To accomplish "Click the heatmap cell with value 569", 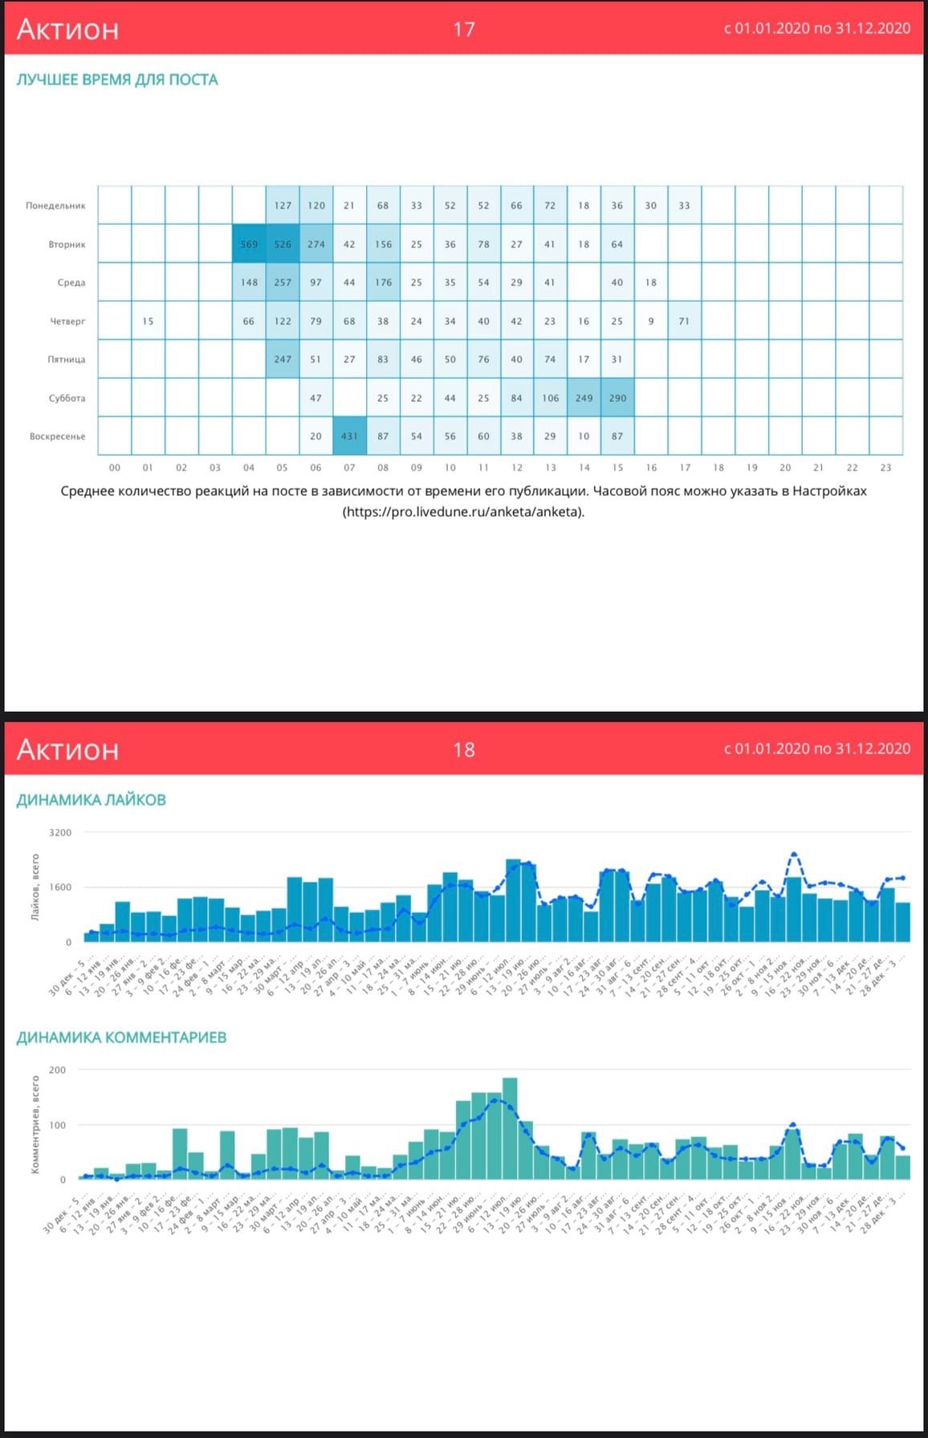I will (249, 244).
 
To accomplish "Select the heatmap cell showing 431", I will (349, 437).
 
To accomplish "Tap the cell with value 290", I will (617, 398).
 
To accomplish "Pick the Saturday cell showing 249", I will (584, 398).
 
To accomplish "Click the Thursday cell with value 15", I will (148, 321).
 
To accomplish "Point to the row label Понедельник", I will (55, 205).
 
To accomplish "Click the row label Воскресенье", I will (57, 437).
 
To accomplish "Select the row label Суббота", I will (67, 398).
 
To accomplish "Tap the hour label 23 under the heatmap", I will (885, 467).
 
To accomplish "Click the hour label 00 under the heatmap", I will (115, 467).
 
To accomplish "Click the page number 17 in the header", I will (464, 30).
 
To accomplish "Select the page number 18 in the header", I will (464, 749).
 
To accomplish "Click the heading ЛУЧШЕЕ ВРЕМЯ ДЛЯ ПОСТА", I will (117, 79).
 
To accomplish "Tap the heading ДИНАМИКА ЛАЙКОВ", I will (92, 799).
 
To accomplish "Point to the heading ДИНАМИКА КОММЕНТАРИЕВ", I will (121, 1037).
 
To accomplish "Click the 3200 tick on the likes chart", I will (60, 832).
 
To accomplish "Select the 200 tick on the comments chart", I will (58, 1070).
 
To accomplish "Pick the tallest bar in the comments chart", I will (510, 1127).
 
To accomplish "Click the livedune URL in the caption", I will (464, 511).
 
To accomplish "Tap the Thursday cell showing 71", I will (684, 321).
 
